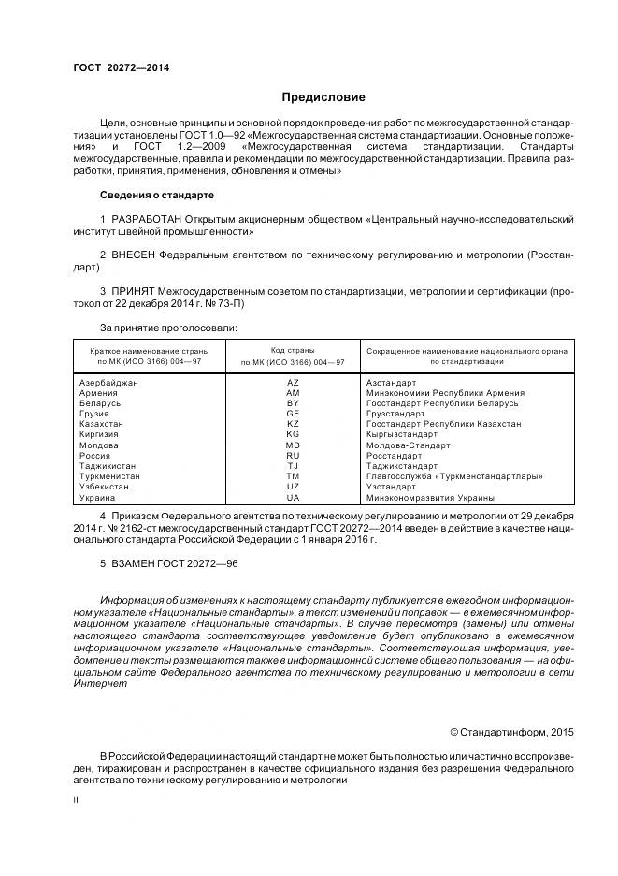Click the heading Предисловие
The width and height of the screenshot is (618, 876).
click(323, 96)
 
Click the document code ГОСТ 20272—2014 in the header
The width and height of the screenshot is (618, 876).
click(121, 68)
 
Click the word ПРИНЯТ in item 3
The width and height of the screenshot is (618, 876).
click(133, 291)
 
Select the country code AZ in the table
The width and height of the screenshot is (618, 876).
click(293, 383)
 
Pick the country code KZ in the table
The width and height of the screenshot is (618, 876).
click(293, 424)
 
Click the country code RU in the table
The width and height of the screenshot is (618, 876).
click(293, 456)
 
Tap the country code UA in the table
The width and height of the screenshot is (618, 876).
click(293, 498)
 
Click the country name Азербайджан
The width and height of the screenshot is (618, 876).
click(109, 383)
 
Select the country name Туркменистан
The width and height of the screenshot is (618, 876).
click(110, 476)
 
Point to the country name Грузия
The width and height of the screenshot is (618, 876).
click(94, 414)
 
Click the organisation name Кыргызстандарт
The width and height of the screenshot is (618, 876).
click(402, 435)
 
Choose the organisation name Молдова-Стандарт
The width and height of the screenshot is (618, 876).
click(408, 445)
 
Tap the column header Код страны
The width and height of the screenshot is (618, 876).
click(293, 349)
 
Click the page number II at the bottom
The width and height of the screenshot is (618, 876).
click(76, 800)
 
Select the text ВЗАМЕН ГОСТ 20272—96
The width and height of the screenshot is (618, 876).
click(159, 566)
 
